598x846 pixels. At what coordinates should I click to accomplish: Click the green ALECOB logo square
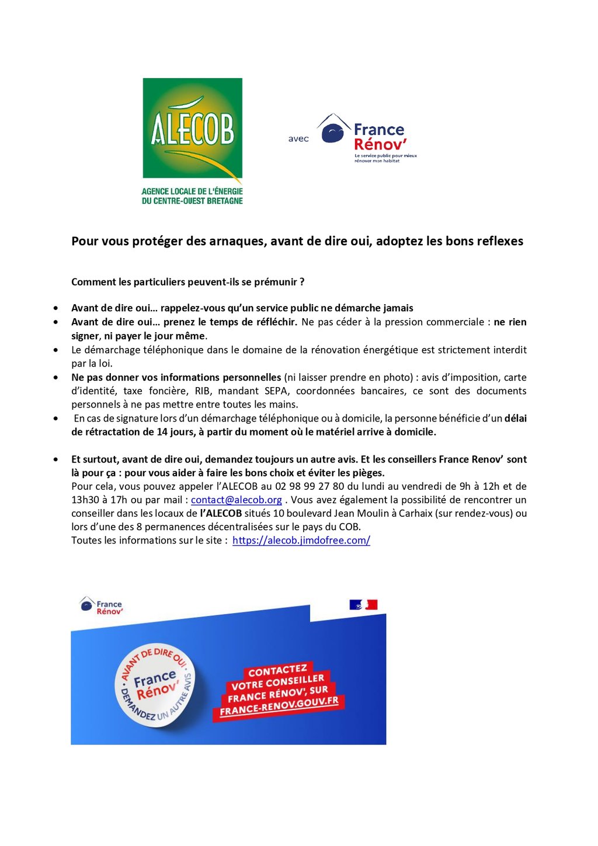coord(192,128)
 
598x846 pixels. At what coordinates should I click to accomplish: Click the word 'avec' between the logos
coord(298,139)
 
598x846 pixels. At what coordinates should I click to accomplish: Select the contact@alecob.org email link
coord(236,500)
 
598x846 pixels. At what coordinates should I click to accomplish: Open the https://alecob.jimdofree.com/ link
coord(301,540)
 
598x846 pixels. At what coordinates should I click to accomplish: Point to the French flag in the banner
coord(363,605)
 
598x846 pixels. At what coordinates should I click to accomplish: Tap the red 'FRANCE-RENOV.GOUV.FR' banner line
coord(279,706)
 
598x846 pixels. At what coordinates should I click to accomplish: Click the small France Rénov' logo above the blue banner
coord(102,606)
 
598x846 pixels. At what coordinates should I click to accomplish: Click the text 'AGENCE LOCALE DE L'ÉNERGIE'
coord(192,192)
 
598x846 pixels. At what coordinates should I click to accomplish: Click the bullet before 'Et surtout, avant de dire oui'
coord(55,460)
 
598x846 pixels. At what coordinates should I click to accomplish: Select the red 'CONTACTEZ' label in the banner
coord(277,671)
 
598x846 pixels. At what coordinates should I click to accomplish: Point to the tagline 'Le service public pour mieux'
coord(385,156)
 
